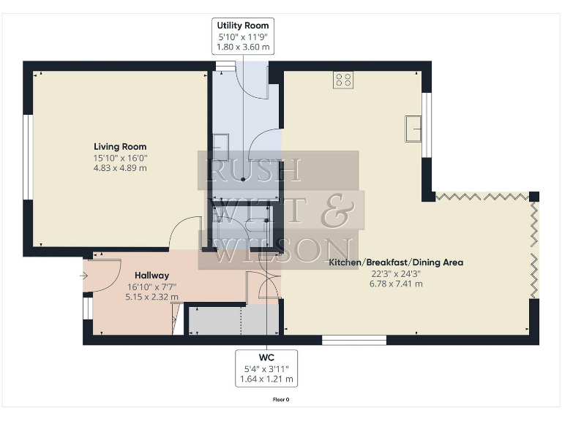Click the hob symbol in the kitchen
click(x=343, y=80)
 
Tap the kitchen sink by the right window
click(x=414, y=128)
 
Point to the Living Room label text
click(x=120, y=146)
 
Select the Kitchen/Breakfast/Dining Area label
click(x=396, y=262)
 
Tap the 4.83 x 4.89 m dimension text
click(x=120, y=167)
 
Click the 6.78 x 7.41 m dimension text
click(x=396, y=283)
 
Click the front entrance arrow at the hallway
click(x=83, y=276)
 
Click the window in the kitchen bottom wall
click(x=354, y=339)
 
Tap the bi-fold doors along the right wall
click(x=534, y=249)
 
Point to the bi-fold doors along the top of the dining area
click(x=482, y=196)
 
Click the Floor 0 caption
click(x=281, y=400)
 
